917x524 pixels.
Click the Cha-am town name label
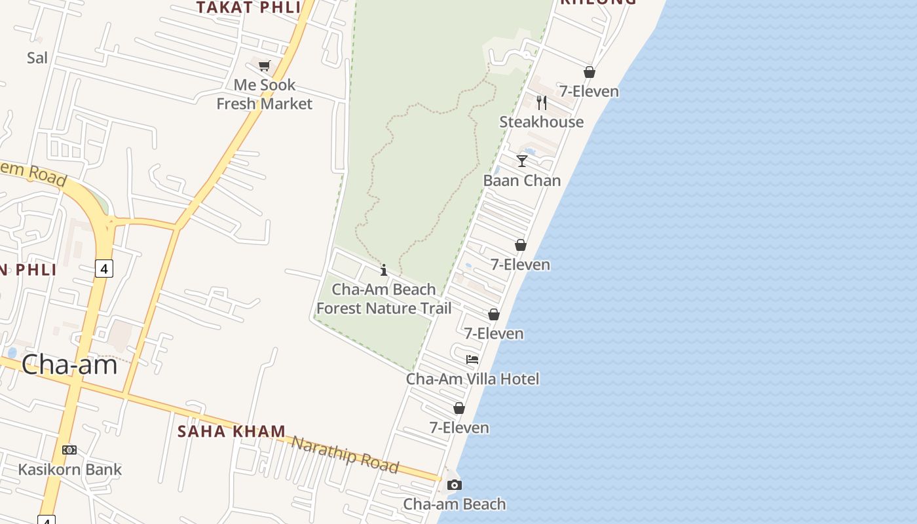(x=69, y=365)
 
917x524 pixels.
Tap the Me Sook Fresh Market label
(x=265, y=94)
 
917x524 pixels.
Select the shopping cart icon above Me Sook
(x=264, y=65)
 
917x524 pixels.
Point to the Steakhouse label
(x=541, y=122)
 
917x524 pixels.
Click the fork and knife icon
(x=541, y=103)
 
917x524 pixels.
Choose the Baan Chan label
(x=522, y=180)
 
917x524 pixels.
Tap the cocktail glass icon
(x=522, y=160)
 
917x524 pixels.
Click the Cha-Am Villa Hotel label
(x=472, y=379)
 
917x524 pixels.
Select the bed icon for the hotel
(x=472, y=359)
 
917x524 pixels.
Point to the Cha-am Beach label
(x=454, y=504)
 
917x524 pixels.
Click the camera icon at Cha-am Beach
(x=454, y=485)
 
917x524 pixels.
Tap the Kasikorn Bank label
(x=69, y=469)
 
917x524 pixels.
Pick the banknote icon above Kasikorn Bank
(x=69, y=450)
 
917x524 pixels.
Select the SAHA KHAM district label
(x=232, y=431)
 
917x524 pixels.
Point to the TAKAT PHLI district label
(x=249, y=7)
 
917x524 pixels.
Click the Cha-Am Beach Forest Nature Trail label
(x=384, y=299)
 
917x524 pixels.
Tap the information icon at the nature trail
(x=384, y=270)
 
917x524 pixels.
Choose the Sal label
(x=37, y=58)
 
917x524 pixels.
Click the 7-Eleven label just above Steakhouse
(x=589, y=91)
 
